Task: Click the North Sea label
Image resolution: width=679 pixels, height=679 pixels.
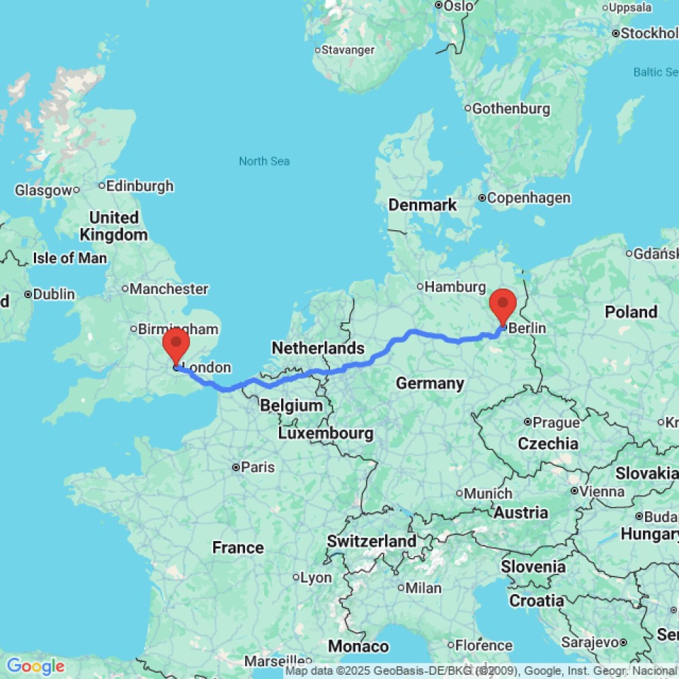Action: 264,161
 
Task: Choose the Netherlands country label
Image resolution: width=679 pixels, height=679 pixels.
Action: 318,348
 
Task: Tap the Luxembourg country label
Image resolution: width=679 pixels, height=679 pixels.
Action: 325,433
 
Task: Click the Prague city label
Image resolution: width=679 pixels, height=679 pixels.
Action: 556,422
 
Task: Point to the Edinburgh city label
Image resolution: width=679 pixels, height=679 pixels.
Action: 140,185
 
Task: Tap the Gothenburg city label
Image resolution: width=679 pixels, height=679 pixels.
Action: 511,109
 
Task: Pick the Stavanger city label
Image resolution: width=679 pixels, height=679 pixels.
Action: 348,50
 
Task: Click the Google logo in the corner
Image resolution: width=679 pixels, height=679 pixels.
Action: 35,666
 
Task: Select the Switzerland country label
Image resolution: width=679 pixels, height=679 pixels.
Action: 371,541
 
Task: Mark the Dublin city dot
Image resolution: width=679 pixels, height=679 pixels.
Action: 29,295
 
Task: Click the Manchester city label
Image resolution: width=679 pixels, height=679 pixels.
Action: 169,289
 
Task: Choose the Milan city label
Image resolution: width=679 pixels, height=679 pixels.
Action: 425,588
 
